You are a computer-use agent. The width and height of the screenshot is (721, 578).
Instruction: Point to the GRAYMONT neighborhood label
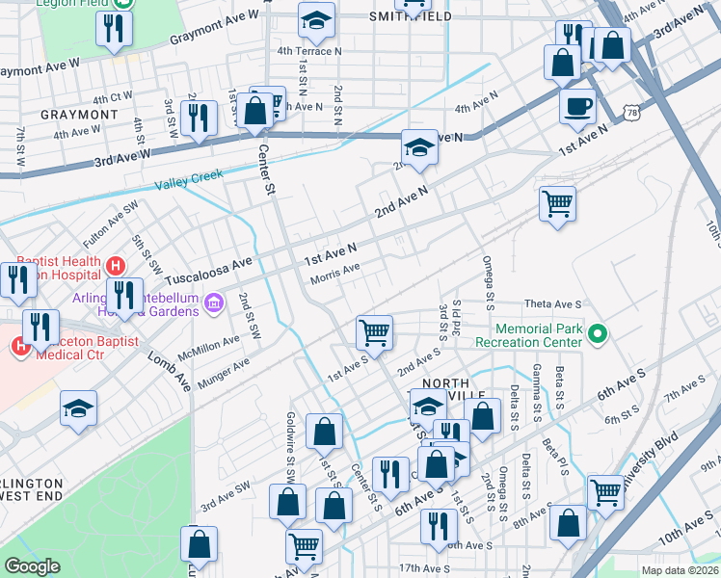[79, 114]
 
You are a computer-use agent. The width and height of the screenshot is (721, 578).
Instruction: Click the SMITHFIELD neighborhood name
[409, 16]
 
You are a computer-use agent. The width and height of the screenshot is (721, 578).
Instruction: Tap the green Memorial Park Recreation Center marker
[598, 335]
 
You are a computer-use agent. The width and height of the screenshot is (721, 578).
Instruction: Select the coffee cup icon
[577, 106]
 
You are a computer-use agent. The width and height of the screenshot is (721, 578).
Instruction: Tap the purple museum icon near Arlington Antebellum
[214, 304]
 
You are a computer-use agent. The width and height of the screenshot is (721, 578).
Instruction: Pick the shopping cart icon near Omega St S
[557, 204]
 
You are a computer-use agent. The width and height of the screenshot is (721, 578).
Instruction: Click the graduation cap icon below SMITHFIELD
[315, 18]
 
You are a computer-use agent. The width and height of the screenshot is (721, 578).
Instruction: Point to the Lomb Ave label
[169, 368]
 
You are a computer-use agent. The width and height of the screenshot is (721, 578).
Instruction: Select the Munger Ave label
[223, 373]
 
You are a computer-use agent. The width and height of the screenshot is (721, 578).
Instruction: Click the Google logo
[32, 566]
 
